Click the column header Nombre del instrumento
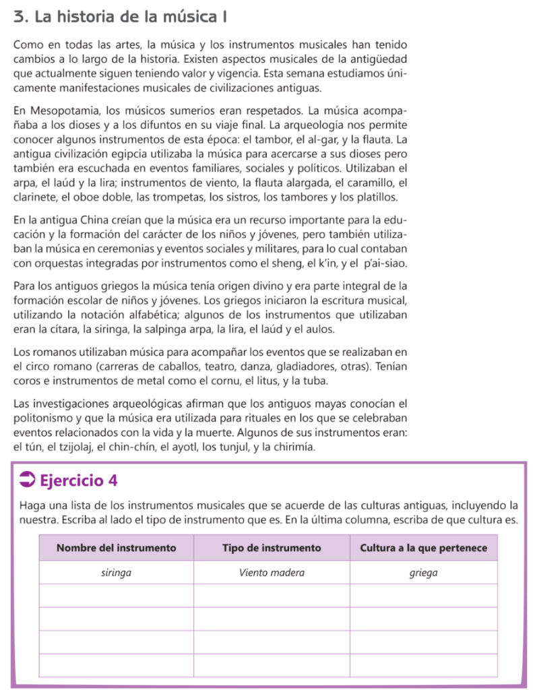click(x=116, y=548)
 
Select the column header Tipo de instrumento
click(x=272, y=548)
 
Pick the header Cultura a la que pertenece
click(x=423, y=548)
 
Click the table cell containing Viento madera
click(x=272, y=573)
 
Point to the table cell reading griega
click(x=423, y=573)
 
